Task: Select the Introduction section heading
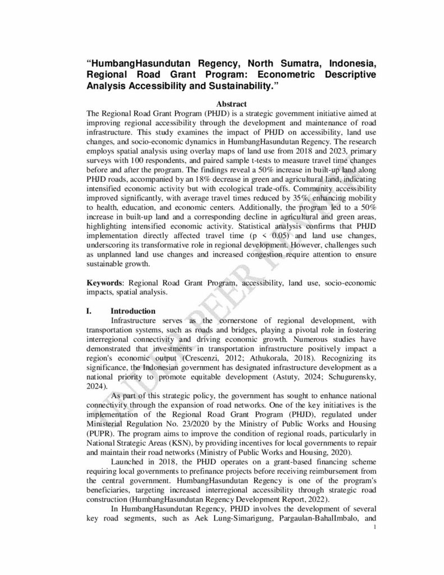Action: click(x=133, y=311)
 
